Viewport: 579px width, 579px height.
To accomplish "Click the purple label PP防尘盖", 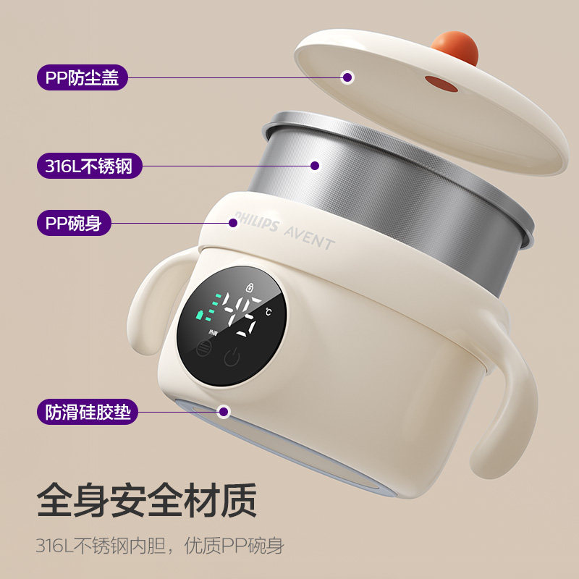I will [x=82, y=77].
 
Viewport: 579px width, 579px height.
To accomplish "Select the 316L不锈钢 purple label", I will [x=89, y=166].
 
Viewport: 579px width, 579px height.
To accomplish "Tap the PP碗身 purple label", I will [x=74, y=223].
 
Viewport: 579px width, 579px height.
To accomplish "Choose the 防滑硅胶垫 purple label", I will [x=89, y=413].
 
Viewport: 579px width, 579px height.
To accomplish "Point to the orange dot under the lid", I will [x=441, y=85].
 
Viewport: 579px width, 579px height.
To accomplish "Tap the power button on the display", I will [x=232, y=358].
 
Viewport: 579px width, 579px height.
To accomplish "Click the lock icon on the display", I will [x=250, y=286].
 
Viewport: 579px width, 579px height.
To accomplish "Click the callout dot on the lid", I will [x=347, y=77].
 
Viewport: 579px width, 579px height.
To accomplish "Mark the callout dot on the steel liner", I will [x=315, y=166].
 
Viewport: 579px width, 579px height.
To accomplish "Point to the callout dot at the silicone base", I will [x=224, y=413].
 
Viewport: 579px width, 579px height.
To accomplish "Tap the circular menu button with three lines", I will [x=203, y=347].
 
